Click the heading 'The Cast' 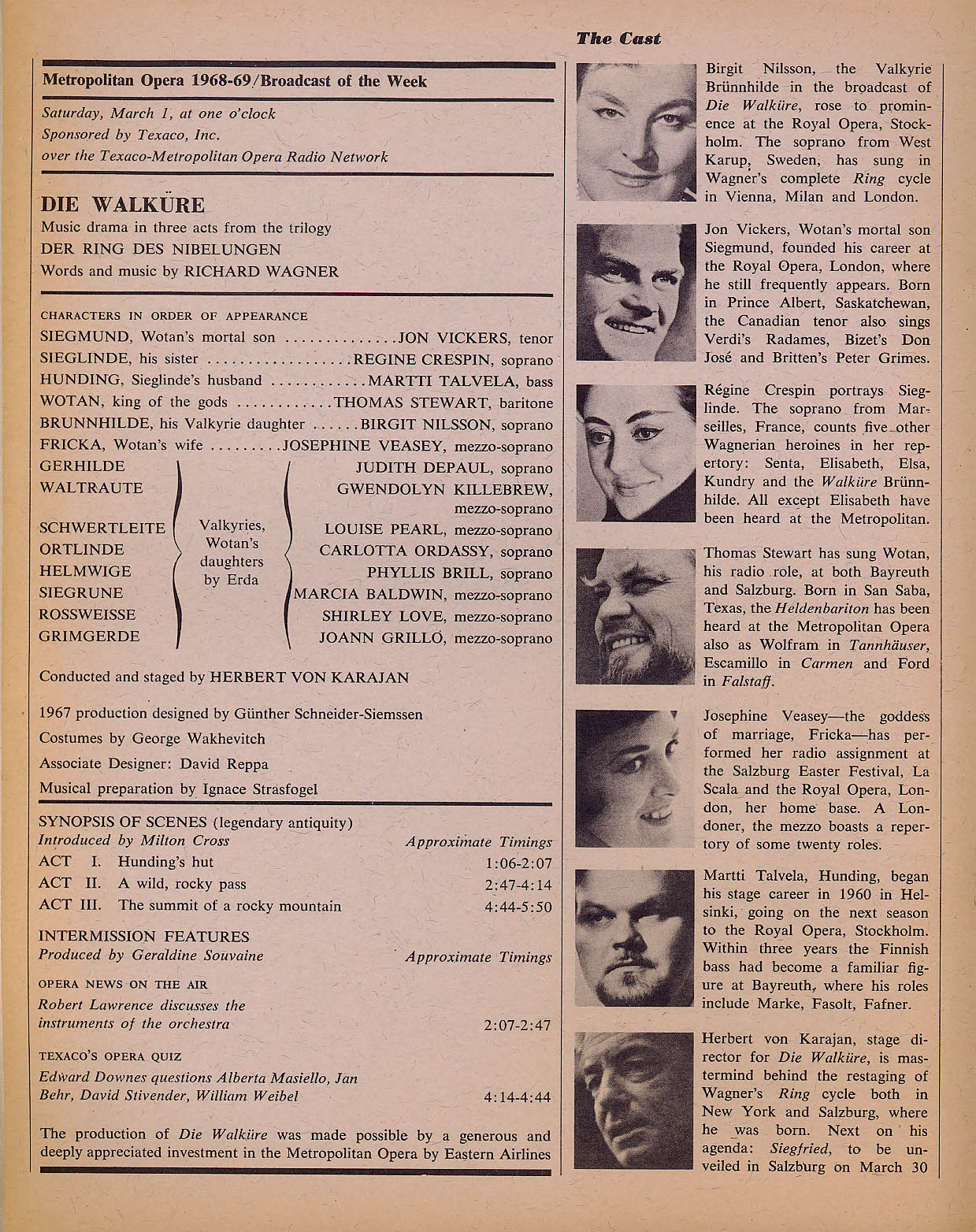(618, 38)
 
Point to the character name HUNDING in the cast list (70, 381)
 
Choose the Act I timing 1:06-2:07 (518, 863)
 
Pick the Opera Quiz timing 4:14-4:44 (518, 1097)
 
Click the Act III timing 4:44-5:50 (518, 907)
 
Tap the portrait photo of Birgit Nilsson (636, 132)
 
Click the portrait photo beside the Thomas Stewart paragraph (636, 617)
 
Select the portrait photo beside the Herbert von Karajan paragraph (636, 1100)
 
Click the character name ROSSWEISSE (87, 614)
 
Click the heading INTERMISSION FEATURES (144, 937)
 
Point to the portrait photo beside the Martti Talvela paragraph (636, 937)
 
